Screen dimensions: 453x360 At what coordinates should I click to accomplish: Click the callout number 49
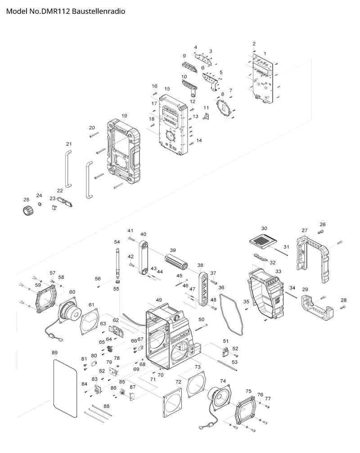pyautogui.click(x=159, y=300)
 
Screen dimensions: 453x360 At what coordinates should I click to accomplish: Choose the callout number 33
pyautogui.click(x=278, y=272)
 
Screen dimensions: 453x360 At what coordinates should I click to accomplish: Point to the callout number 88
pyautogui.click(x=106, y=407)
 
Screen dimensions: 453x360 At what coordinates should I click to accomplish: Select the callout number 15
pyautogui.click(x=167, y=89)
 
